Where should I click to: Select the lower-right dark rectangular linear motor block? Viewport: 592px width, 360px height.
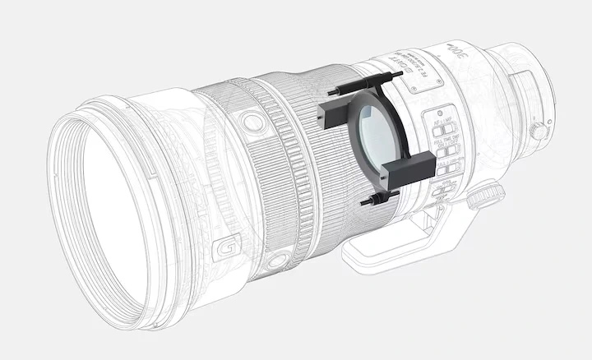[409, 170]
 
